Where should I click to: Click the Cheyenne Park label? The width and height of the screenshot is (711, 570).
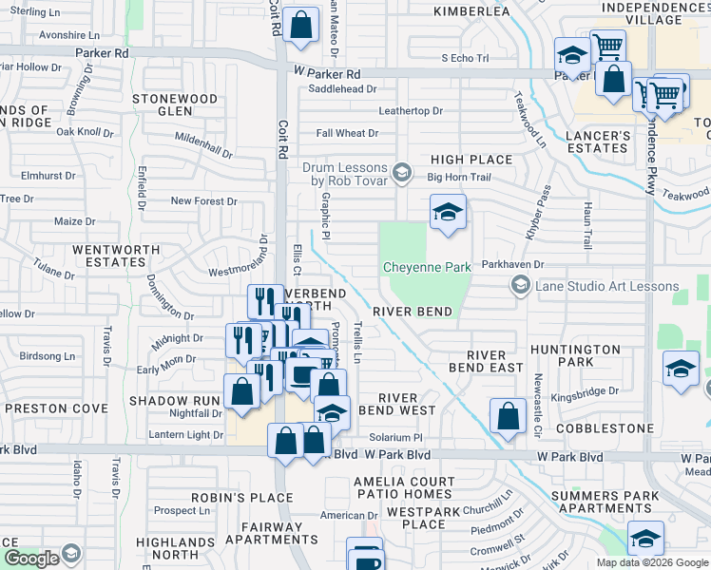pyautogui.click(x=427, y=267)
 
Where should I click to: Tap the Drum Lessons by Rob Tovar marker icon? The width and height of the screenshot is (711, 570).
pyautogui.click(x=402, y=172)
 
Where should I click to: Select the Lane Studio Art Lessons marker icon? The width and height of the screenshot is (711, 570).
pyautogui.click(x=520, y=285)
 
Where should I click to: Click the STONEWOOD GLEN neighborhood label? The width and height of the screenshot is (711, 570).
pyautogui.click(x=175, y=104)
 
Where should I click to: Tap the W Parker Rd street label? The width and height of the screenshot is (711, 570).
pyautogui.click(x=327, y=73)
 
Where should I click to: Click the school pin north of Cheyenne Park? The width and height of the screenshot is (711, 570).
pyautogui.click(x=448, y=212)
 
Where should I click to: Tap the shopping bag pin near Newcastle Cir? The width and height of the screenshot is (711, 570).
pyautogui.click(x=509, y=415)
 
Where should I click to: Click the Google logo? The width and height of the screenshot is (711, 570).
pyautogui.click(x=31, y=559)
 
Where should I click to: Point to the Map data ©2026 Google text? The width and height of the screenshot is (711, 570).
pyautogui.click(x=652, y=562)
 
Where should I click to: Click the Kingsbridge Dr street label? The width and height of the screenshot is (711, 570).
pyautogui.click(x=585, y=390)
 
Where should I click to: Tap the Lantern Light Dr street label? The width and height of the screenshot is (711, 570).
pyautogui.click(x=186, y=435)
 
